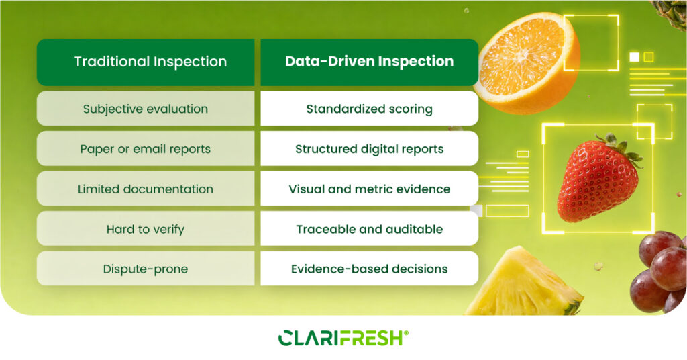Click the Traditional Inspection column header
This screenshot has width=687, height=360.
pyautogui.click(x=146, y=62)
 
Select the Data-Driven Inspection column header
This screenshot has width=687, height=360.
pyautogui.click(x=370, y=62)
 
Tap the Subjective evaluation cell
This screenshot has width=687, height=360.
pyautogui.click(x=146, y=109)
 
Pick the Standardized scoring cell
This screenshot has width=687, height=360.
pyautogui.click(x=370, y=109)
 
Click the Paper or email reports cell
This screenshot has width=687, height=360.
pyautogui.click(x=146, y=148)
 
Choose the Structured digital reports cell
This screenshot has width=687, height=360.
pyautogui.click(x=370, y=148)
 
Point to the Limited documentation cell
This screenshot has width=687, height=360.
pyautogui.click(x=146, y=189)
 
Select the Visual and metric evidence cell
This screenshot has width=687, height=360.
pyautogui.click(x=370, y=189)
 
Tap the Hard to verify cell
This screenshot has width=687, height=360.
pyautogui.click(x=146, y=229)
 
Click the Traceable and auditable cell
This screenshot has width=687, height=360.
pyautogui.click(x=370, y=229)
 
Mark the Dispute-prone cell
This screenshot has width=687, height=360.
pyautogui.click(x=146, y=269)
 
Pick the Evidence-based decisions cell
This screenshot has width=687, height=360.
pyautogui.click(x=370, y=269)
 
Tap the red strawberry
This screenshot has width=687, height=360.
pyautogui.click(x=596, y=180)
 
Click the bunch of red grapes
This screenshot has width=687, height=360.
pyautogui.click(x=659, y=272)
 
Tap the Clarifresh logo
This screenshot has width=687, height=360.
pyautogui.click(x=343, y=338)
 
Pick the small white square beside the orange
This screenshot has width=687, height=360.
pyautogui.click(x=634, y=57)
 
